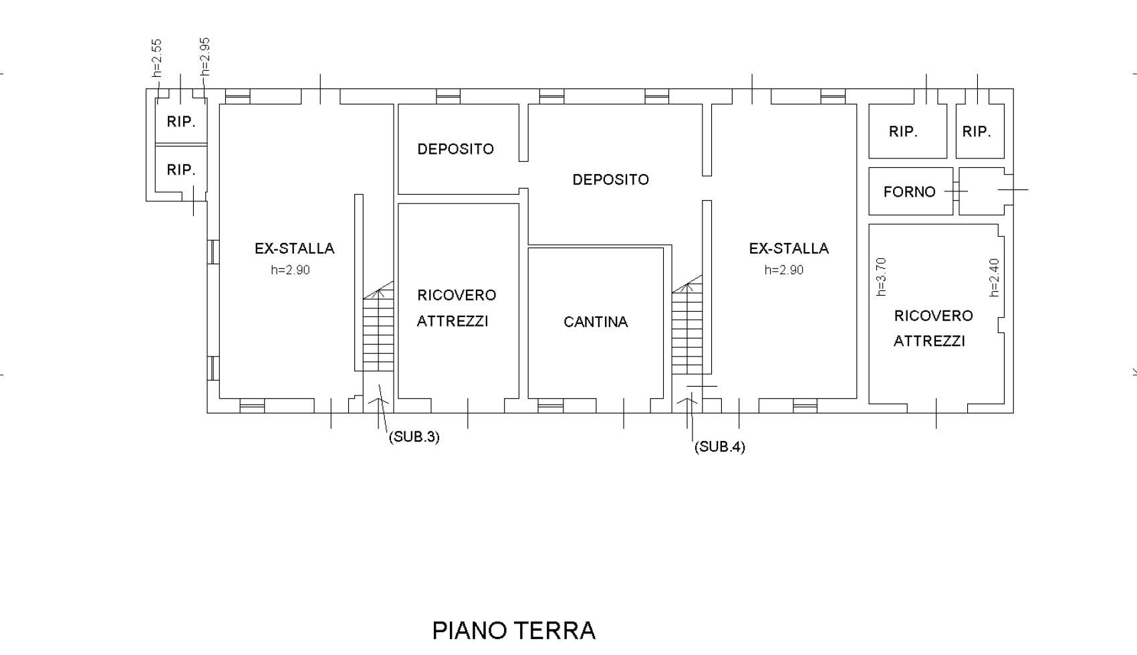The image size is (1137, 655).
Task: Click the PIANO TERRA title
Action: [x=513, y=631]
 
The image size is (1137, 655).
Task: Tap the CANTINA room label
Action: [x=596, y=322]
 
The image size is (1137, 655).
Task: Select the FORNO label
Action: [x=909, y=191]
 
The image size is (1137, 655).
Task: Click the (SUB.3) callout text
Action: [x=414, y=436]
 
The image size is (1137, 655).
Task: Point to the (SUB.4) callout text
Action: [x=720, y=447]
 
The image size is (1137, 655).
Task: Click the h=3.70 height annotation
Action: [x=882, y=276]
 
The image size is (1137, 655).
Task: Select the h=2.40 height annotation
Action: [x=995, y=278]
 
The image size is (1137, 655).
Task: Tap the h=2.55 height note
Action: [x=157, y=58]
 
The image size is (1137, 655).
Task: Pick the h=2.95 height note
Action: [x=205, y=56]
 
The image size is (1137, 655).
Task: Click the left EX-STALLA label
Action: [x=294, y=248]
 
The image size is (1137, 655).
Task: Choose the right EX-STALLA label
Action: [x=789, y=248]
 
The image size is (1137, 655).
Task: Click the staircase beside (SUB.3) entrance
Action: [x=378, y=326]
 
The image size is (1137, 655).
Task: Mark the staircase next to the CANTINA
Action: [x=687, y=325]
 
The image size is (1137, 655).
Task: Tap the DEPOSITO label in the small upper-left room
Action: [x=455, y=149]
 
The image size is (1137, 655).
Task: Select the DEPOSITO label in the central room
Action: [x=611, y=179]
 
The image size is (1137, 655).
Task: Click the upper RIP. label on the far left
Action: [x=181, y=122]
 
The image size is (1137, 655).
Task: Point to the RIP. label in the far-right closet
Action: [x=977, y=132]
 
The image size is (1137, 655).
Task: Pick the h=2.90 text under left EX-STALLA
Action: [x=290, y=270]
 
